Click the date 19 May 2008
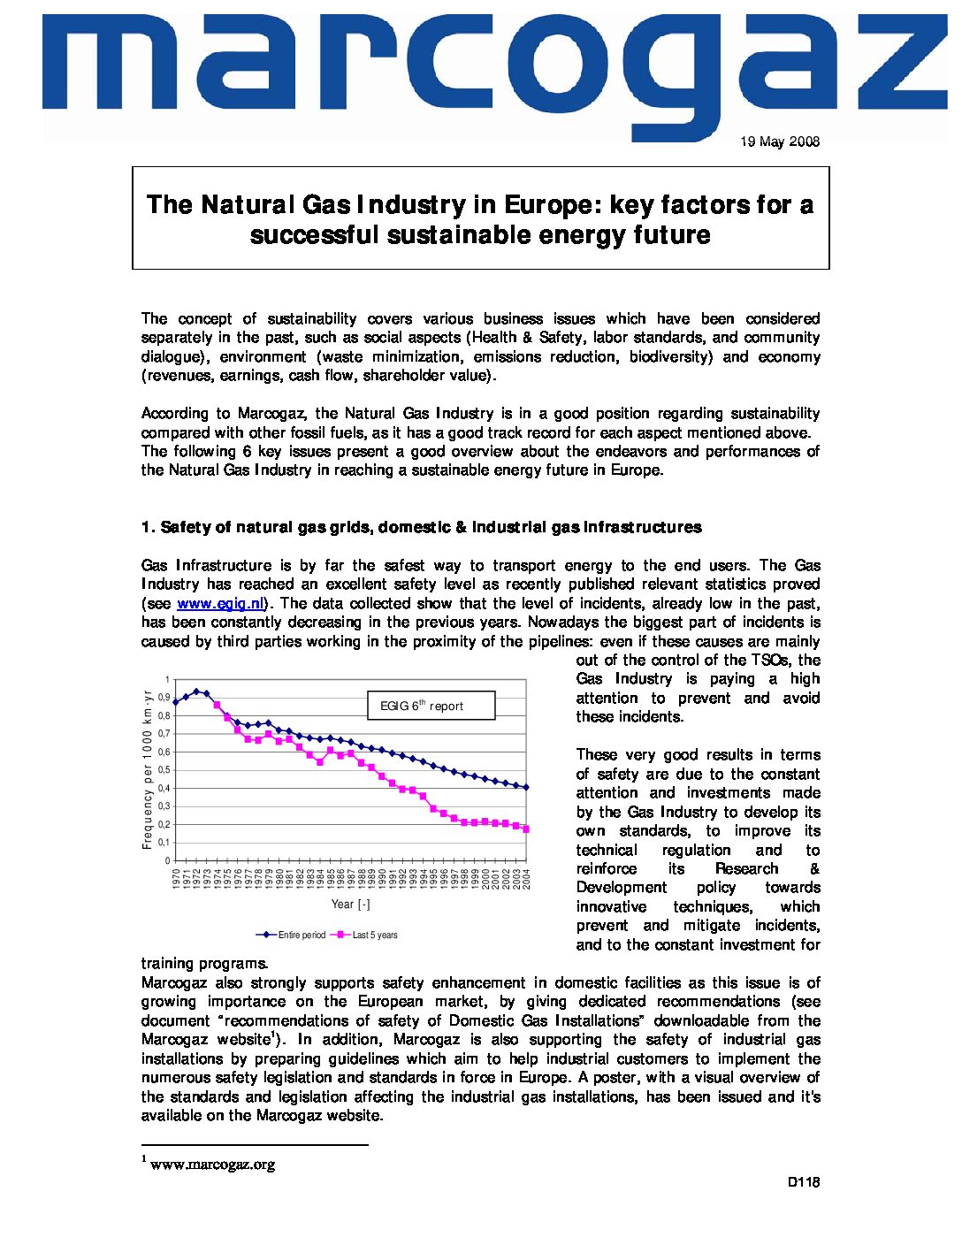[780, 141]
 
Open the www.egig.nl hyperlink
[221, 604]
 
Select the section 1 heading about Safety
[421, 528]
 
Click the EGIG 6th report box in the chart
[431, 706]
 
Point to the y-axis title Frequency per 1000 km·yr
[148, 769]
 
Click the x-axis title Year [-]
[350, 904]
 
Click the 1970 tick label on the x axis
[176, 878]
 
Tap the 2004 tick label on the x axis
[527, 878]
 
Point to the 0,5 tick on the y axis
[164, 770]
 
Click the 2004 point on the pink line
[527, 829]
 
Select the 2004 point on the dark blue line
[527, 787]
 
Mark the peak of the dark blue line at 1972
[196, 691]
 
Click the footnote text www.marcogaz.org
[212, 1165]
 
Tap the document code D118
[804, 1182]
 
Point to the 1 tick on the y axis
[167, 680]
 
